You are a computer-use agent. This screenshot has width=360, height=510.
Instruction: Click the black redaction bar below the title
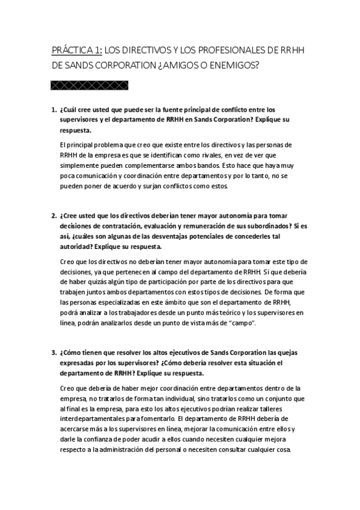coord(90,85)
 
